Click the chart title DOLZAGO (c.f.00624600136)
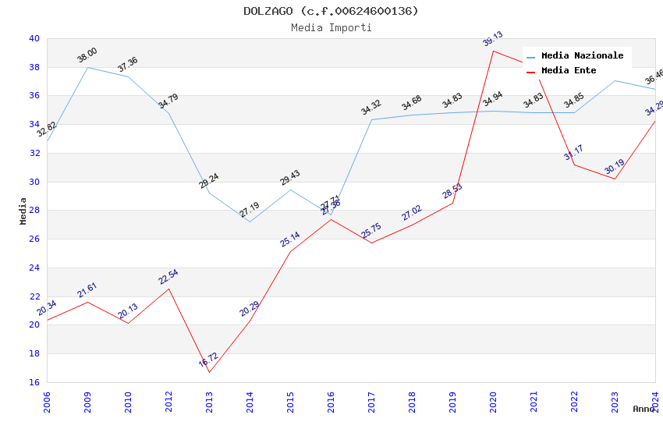point(331,11)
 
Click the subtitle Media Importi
point(331,27)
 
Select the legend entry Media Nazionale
point(582,56)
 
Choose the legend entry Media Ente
point(569,71)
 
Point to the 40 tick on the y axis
point(34,38)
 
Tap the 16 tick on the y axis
point(34,382)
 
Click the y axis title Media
point(23,211)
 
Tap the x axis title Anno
point(643,409)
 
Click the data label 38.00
point(87,55)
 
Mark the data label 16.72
point(208,360)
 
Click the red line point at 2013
point(209,372)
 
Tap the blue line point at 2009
point(87,67)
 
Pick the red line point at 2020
point(493,51)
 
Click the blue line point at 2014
point(250,222)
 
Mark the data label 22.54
point(168,277)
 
